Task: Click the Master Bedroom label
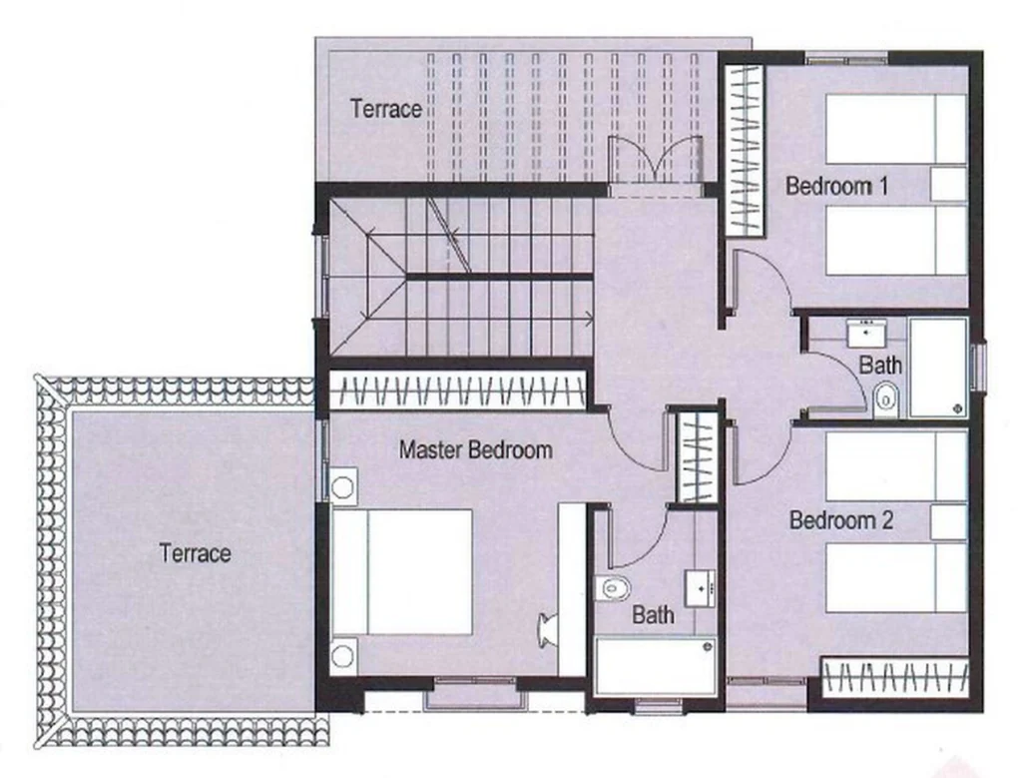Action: (476, 449)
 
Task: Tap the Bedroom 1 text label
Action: (837, 186)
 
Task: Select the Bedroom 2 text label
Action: (840, 520)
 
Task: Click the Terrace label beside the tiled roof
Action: (195, 553)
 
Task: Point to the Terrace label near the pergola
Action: (386, 108)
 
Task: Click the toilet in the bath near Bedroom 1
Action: (886, 397)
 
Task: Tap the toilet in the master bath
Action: (614, 588)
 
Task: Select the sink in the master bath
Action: (700, 588)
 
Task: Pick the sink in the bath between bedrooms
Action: (866, 334)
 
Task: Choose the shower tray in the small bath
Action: (938, 368)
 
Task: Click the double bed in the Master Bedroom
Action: (401, 572)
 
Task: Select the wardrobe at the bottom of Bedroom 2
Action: (894, 677)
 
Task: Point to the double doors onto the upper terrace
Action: (655, 161)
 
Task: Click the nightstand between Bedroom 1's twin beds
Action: (948, 184)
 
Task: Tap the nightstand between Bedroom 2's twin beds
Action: (948, 521)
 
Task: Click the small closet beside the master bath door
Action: (697, 457)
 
